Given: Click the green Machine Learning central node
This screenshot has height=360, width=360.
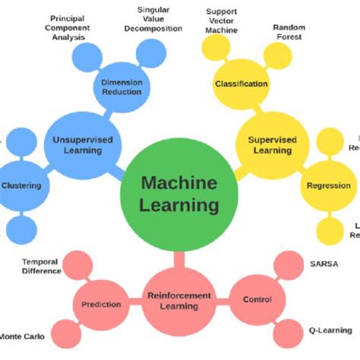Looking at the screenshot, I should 179,194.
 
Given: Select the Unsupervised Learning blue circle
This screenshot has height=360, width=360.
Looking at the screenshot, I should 77,144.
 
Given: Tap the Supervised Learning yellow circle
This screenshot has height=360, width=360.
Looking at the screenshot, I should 270,144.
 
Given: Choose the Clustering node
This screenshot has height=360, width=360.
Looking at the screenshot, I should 21,185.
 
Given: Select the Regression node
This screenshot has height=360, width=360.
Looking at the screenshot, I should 327,185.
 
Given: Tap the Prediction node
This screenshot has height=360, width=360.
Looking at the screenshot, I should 99,305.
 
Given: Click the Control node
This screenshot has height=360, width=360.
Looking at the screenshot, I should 256,300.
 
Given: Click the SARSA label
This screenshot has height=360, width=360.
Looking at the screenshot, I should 324,264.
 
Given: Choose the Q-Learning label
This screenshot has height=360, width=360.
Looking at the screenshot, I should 328,330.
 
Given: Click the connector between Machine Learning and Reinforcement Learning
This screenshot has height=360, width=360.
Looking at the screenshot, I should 179,257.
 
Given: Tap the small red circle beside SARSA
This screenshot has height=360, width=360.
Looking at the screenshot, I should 287,266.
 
